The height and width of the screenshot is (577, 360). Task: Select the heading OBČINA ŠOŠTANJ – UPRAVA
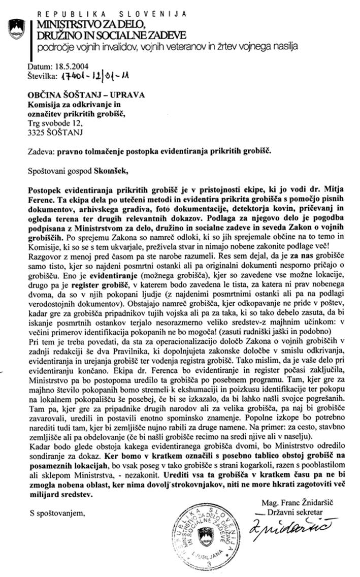coord(86,95)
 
